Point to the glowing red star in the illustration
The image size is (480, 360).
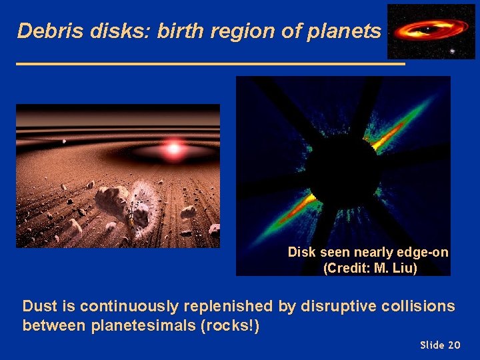click(173, 148)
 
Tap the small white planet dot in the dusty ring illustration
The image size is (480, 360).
click(64, 141)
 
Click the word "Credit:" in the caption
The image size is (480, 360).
click(348, 268)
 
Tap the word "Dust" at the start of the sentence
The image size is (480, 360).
click(37, 307)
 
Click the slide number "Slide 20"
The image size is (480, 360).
click(440, 345)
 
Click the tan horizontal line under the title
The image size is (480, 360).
click(210, 64)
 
